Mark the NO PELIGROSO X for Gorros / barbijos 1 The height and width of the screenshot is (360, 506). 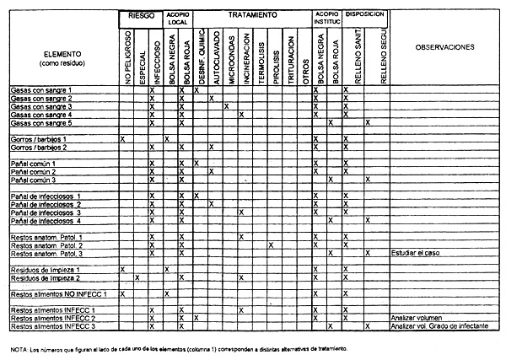[x=123, y=138]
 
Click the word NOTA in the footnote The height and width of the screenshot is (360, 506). [x=19, y=348]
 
